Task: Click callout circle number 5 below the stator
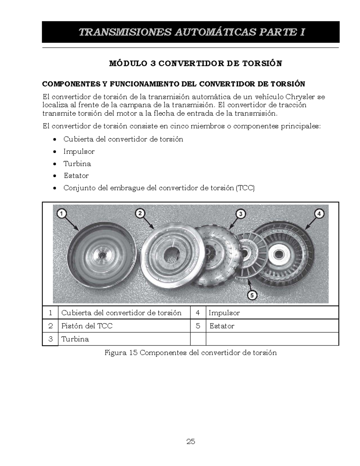click(x=252, y=295)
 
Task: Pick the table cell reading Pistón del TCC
click(x=87, y=326)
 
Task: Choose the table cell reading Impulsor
click(x=224, y=313)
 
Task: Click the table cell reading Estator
click(x=222, y=326)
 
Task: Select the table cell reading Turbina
click(x=75, y=339)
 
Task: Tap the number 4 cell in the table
click(x=198, y=313)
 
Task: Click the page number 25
click(x=190, y=441)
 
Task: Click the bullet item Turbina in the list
click(x=77, y=164)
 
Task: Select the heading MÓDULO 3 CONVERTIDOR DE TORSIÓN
click(x=195, y=64)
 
